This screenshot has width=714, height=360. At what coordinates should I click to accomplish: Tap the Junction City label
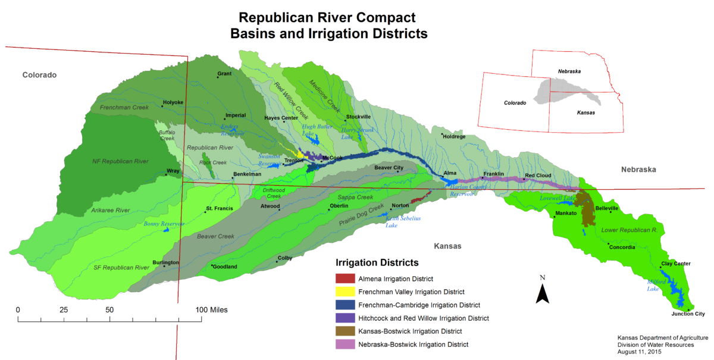point(688,314)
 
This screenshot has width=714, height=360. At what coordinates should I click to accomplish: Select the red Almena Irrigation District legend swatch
point(345,278)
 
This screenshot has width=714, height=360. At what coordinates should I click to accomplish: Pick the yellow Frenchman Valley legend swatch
point(345,292)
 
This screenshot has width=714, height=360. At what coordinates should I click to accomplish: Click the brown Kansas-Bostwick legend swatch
point(345,331)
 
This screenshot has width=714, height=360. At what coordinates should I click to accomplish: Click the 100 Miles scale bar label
point(211,309)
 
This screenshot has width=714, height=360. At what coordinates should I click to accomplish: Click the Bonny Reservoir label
point(164,224)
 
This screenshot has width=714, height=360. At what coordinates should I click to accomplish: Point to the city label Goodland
point(225,267)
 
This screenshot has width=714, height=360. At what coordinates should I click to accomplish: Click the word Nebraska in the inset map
point(569,71)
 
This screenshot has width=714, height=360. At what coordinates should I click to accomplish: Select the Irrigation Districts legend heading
point(378,262)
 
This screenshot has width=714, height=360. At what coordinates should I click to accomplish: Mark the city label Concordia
point(622,247)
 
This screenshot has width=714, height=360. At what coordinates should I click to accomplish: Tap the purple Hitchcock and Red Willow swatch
point(345,318)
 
